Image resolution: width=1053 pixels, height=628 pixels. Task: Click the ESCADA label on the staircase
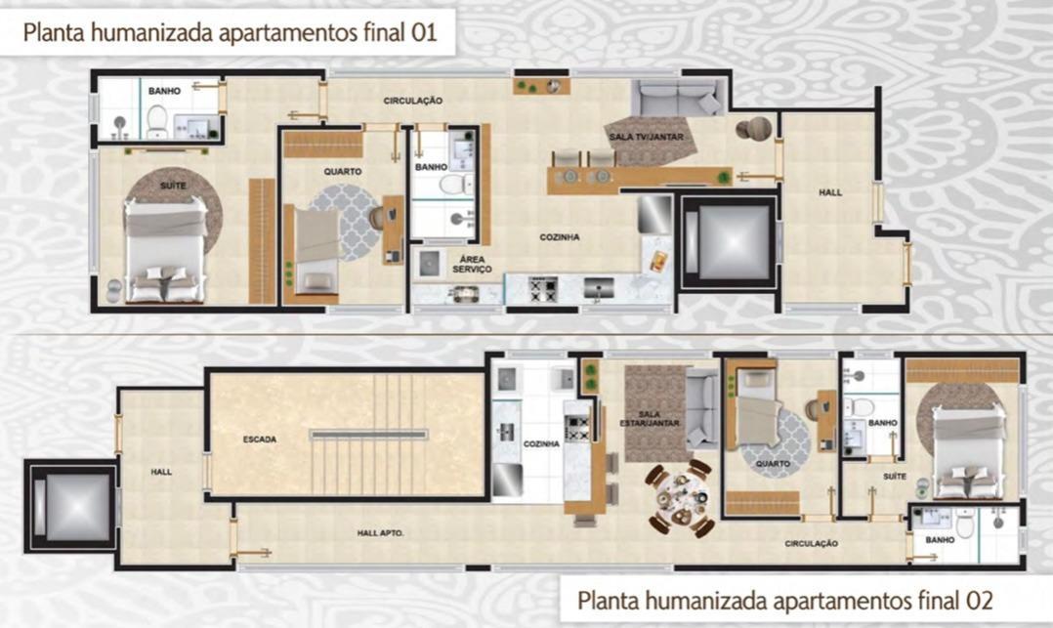click(260, 440)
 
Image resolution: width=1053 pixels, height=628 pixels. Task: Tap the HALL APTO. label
click(381, 533)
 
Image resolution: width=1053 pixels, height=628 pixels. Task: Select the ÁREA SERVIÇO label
click(470, 264)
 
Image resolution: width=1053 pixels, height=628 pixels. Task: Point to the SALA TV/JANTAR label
click(645, 138)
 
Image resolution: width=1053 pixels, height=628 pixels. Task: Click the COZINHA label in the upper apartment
click(560, 237)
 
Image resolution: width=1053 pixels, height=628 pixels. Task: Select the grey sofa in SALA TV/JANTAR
click(679, 99)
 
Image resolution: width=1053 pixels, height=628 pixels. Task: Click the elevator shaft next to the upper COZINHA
click(728, 241)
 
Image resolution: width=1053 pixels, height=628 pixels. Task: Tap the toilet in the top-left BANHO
click(156, 122)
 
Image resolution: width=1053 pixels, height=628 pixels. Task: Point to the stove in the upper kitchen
click(542, 287)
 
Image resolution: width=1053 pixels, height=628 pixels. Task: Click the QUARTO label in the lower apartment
click(773, 465)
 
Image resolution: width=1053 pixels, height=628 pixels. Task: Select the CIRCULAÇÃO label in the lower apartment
click(811, 544)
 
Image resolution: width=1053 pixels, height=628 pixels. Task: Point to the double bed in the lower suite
click(966, 450)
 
